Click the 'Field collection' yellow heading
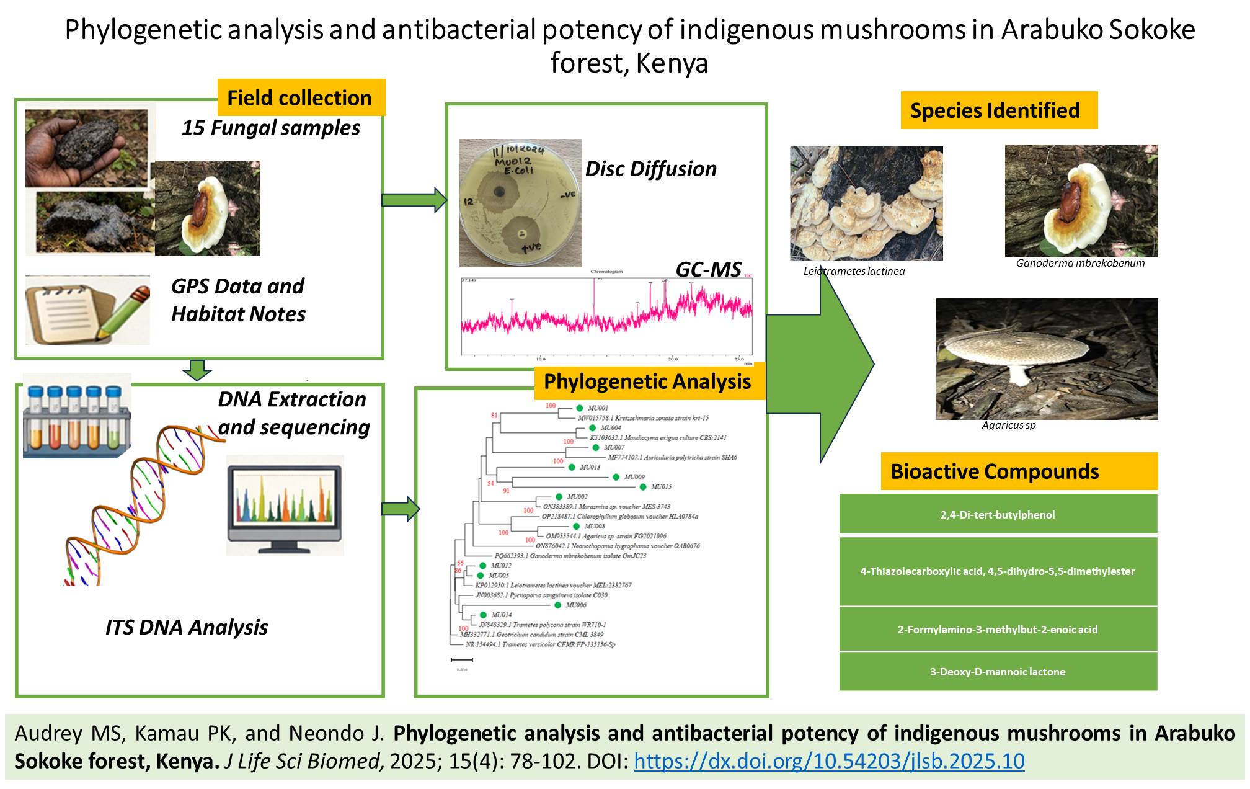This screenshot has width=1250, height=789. pos(301,97)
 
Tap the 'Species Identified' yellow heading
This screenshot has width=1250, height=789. pos(998,110)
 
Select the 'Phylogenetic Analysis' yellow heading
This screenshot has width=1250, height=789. pos(648,381)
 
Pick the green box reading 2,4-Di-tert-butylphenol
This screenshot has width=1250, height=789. pos(998,514)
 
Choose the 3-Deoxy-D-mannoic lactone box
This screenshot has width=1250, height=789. pos(998,671)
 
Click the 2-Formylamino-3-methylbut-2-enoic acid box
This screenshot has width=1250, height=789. pos(998,629)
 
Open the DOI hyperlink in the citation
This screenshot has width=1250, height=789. pos(829,761)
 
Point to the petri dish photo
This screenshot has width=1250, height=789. pos(520,203)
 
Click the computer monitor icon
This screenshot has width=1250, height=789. pos(285,505)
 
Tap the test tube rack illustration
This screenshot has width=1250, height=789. pos(77,416)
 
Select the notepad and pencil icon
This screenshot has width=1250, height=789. pos(87,310)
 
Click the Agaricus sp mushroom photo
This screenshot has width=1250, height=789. pos(1047,359)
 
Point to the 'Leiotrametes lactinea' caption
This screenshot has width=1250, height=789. pos(854,271)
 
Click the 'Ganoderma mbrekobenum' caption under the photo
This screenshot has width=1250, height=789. pos(1080,263)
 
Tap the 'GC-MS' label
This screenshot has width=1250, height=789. pos(708,269)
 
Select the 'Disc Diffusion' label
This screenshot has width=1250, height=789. pos(651,169)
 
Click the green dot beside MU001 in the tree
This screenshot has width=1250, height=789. pos(579,408)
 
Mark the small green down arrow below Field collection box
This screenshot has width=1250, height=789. pos(197,370)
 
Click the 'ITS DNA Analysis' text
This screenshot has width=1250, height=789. pos(187,627)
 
